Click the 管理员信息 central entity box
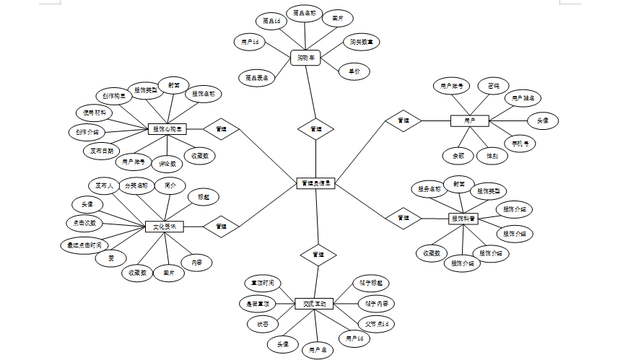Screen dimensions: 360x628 pos(315,184)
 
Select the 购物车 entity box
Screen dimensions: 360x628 pos(306,56)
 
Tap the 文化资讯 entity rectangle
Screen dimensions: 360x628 pos(165,227)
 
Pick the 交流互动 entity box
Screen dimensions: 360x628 pos(315,304)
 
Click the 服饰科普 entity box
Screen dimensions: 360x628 pos(464,218)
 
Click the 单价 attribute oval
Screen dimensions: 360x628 pos(354,71)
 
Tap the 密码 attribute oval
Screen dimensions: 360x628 pos(493,85)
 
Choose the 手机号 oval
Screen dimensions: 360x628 pos(520,143)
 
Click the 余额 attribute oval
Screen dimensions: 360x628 pos(458,154)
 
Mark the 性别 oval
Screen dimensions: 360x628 pos(492,154)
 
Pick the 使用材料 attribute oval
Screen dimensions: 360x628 pos(94,113)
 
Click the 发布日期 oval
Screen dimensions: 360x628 pos(102,151)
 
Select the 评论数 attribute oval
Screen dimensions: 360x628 pos(167,164)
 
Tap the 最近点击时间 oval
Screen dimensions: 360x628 pos(84,245)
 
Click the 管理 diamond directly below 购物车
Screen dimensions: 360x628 pos(316,129)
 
